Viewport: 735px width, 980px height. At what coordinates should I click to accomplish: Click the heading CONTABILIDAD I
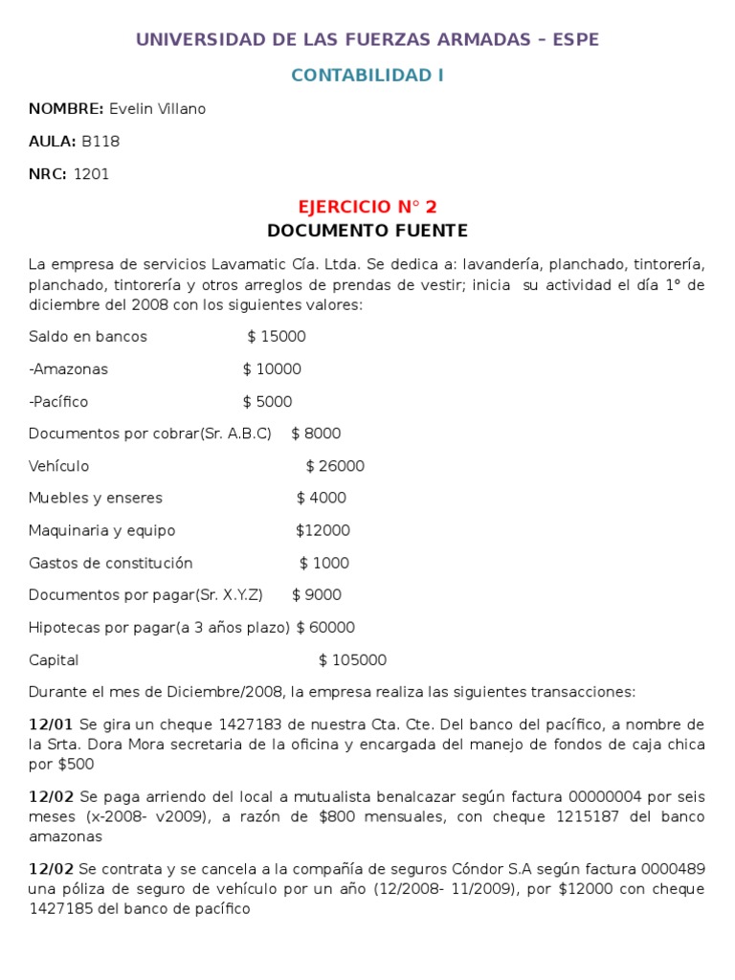(x=367, y=76)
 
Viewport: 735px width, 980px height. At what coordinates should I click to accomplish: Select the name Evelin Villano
(x=157, y=109)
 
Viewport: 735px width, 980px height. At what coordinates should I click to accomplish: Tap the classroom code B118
(x=100, y=142)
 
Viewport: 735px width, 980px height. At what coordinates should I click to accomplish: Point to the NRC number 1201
(x=91, y=174)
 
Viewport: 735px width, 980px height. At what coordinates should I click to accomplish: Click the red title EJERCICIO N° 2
(x=367, y=207)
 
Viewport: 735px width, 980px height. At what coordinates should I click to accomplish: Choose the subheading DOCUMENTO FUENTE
(x=367, y=231)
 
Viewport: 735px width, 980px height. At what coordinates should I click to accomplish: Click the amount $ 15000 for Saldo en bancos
(x=277, y=337)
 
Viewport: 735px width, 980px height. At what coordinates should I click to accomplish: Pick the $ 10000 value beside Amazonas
(x=272, y=369)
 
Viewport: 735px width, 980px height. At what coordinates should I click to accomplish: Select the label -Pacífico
(x=58, y=402)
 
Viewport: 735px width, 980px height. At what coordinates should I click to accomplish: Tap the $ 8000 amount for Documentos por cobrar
(x=316, y=434)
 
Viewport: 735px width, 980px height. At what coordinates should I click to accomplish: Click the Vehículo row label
(x=58, y=466)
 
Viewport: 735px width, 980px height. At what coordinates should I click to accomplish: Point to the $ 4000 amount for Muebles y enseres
(x=322, y=499)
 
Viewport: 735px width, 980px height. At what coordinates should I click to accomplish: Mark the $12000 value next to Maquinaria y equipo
(x=323, y=531)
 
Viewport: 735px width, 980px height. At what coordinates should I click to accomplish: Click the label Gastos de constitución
(x=110, y=564)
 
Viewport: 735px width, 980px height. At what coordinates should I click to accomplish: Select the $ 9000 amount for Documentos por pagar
(x=316, y=595)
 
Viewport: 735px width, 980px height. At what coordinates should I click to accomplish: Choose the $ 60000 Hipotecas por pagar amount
(x=325, y=628)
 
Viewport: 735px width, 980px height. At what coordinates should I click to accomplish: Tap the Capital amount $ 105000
(x=352, y=660)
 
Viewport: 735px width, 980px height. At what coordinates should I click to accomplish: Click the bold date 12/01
(x=51, y=724)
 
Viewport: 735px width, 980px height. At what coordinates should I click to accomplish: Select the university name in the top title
(x=367, y=39)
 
